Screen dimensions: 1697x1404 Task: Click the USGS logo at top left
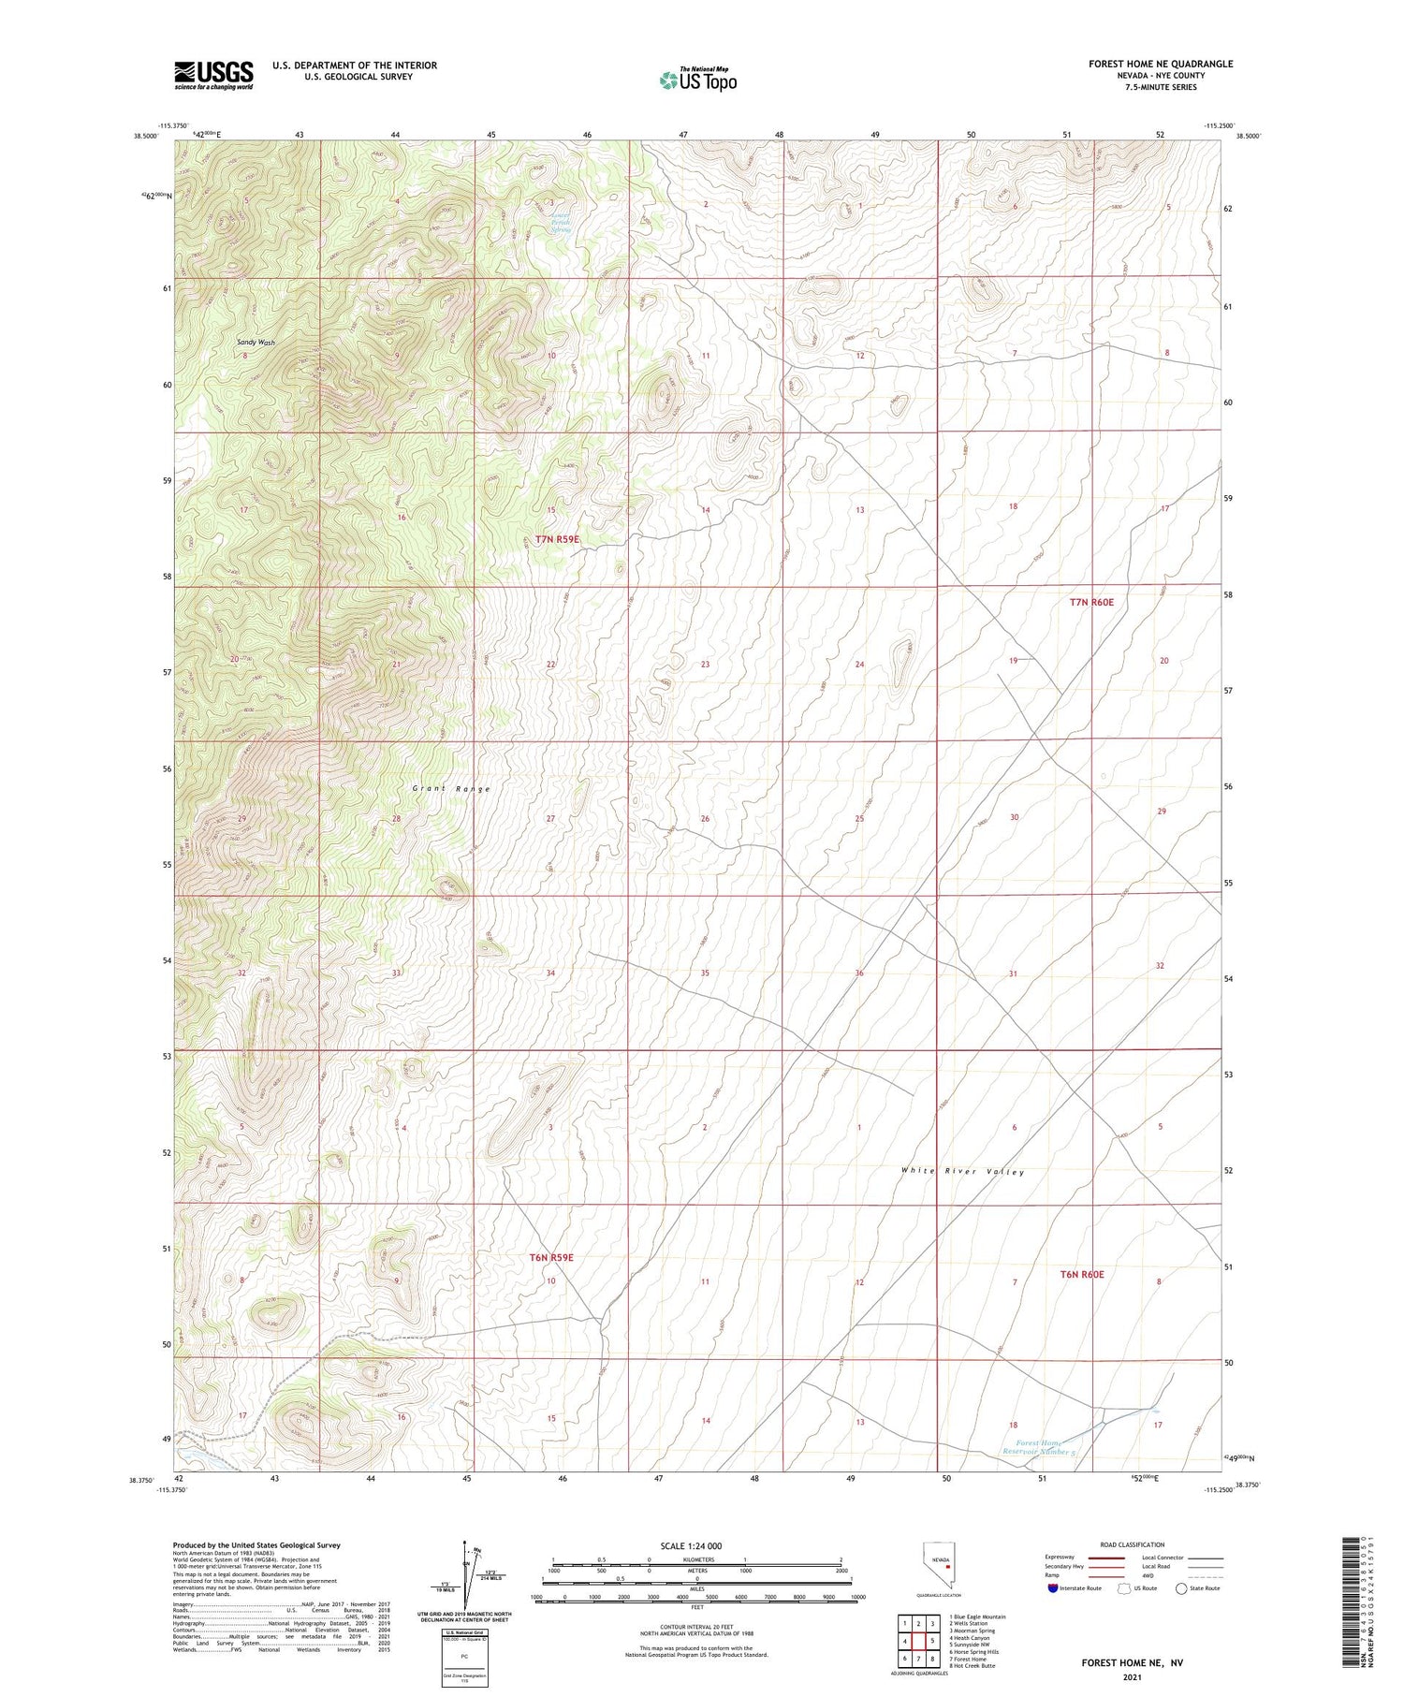tap(213, 75)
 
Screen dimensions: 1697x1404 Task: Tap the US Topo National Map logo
tap(698, 80)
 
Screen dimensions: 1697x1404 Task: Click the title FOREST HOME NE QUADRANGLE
tap(1160, 64)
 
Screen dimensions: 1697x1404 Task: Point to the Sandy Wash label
tap(256, 343)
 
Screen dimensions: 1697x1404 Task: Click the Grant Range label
tap(451, 789)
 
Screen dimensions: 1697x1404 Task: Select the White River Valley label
tap(963, 1172)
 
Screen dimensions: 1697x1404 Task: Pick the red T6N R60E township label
tap(1082, 1274)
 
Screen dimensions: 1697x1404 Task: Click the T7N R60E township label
tap(1091, 602)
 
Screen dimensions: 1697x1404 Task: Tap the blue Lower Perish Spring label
tap(561, 222)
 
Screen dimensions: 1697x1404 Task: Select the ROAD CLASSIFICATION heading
tap(1133, 1544)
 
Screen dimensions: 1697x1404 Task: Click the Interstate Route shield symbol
tap(1052, 1588)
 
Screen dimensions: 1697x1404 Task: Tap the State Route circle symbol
tap(1181, 1588)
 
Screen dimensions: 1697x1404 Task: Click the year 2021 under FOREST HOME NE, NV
tap(1133, 1676)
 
